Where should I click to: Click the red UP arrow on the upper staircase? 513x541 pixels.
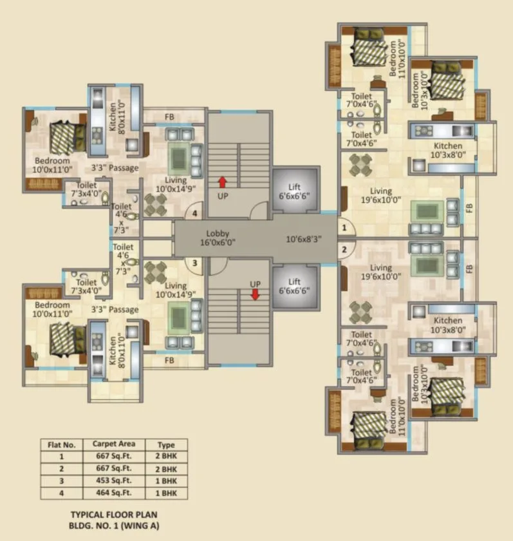tap(223, 182)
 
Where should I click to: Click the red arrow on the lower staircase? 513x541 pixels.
tap(255, 294)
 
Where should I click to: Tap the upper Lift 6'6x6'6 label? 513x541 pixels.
tap(295, 192)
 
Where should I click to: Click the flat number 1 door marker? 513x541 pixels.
tap(344, 227)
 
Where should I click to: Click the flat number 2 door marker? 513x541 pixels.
tap(344, 249)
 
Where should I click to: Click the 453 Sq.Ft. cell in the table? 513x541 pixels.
tap(113, 480)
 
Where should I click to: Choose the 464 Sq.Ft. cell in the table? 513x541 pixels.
tap(113, 493)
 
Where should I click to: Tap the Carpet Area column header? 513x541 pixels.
tap(113, 444)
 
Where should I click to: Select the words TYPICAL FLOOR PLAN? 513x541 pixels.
tap(113, 515)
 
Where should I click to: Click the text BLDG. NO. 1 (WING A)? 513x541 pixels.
tap(113, 526)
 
